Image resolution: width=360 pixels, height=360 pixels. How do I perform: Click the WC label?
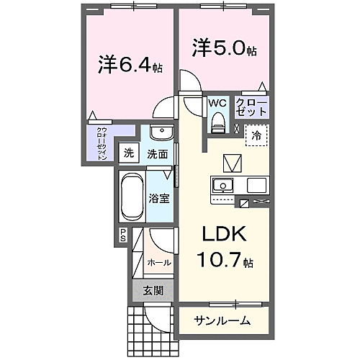[x=217, y=103]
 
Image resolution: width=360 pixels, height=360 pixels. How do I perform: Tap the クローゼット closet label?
[x=251, y=108]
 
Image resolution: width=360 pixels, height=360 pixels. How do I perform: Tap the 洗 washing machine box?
[x=128, y=153]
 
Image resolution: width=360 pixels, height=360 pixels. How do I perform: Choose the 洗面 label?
[x=157, y=153]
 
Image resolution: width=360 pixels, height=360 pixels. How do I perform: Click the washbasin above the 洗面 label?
[x=161, y=135]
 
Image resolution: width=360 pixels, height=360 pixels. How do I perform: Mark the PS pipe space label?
[x=123, y=234]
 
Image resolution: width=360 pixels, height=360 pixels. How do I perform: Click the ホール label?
[x=158, y=263]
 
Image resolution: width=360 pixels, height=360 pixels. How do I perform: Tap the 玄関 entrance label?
[x=152, y=291]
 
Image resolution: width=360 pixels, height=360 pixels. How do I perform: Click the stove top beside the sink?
[x=257, y=185]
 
